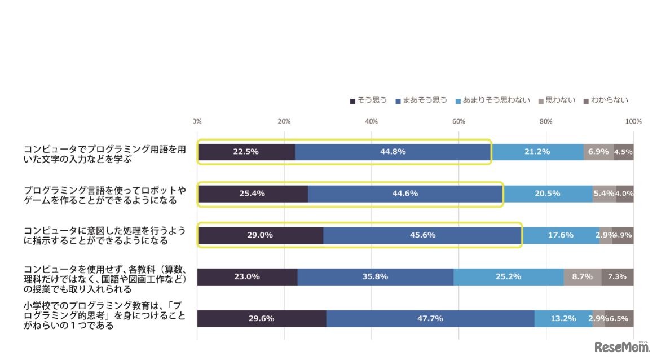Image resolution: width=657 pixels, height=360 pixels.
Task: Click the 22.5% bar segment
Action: (246, 152)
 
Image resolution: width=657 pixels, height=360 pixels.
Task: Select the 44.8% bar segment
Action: (393, 152)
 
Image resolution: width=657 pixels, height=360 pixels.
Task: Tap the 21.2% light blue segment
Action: (537, 152)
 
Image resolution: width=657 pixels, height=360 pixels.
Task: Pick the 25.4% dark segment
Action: (252, 194)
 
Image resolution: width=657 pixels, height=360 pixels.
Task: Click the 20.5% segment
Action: (547, 194)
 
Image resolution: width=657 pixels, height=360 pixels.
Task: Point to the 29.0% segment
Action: (260, 235)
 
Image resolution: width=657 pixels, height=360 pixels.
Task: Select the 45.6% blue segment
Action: (422, 235)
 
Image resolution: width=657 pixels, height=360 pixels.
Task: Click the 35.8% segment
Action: (375, 277)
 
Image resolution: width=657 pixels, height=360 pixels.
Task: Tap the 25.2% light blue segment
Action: (508, 277)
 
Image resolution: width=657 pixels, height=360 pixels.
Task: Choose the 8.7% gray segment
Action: (582, 277)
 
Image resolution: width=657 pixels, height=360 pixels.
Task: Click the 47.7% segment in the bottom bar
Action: (430, 318)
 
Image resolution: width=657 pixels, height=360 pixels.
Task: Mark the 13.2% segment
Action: (563, 318)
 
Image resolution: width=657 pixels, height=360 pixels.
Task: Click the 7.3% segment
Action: (617, 277)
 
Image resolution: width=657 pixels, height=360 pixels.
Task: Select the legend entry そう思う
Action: (368, 100)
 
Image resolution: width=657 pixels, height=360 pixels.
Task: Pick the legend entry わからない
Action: (605, 100)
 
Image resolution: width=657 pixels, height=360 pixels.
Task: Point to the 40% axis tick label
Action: (371, 121)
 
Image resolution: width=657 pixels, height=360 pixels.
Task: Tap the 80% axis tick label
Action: (545, 121)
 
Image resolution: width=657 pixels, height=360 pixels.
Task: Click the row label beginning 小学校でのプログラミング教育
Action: (104, 316)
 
